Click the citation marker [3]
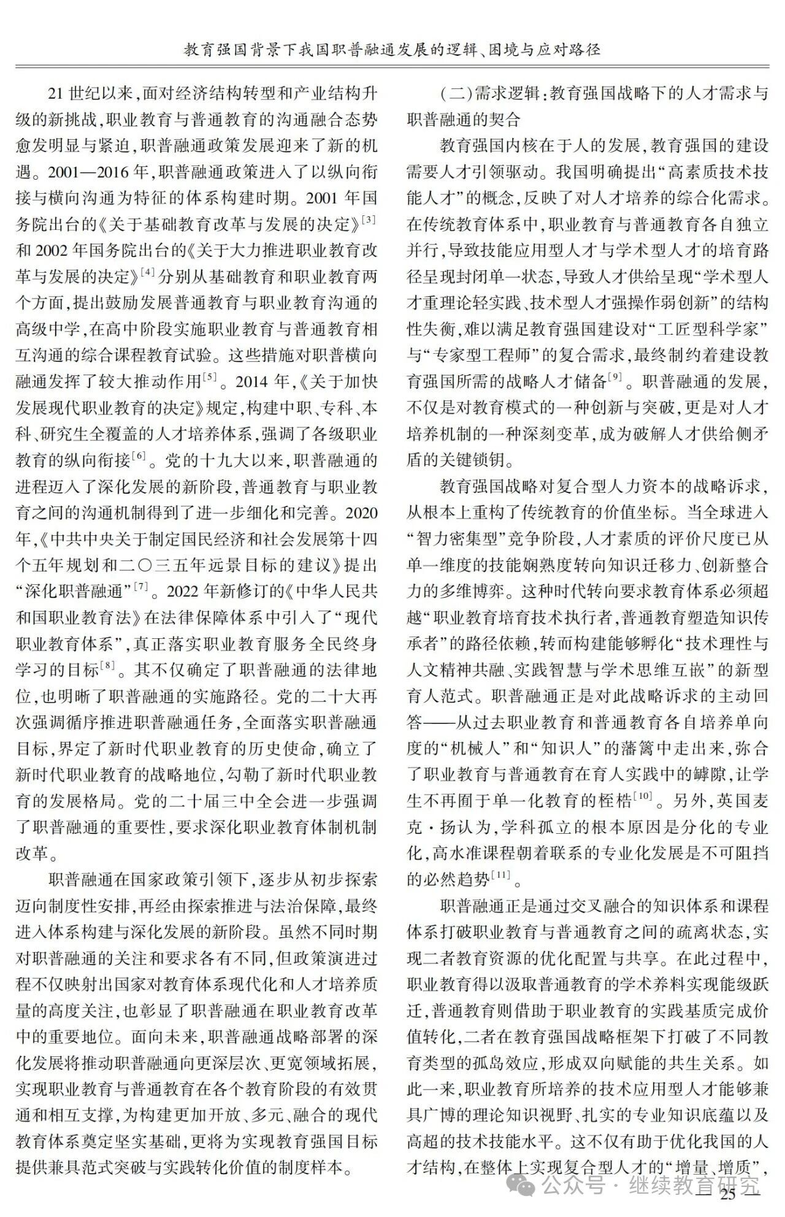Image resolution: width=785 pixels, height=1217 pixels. (369, 219)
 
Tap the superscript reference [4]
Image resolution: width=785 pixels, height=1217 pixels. (147, 272)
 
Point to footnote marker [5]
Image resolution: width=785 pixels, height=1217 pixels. (210, 378)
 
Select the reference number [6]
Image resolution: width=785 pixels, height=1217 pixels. (139, 456)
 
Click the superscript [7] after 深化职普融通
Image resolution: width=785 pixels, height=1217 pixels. (141, 587)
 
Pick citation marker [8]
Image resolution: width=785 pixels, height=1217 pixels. (107, 666)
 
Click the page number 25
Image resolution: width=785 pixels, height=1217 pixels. (728, 1194)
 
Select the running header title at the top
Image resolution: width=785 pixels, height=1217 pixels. (392, 49)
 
